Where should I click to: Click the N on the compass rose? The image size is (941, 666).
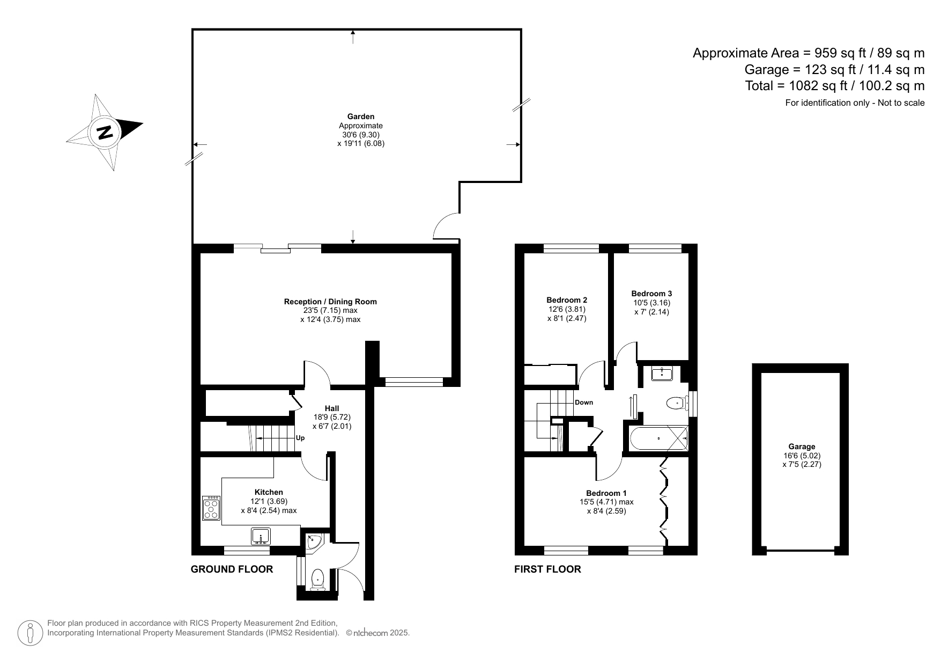tap(105, 132)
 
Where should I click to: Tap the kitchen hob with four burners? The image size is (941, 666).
tap(211, 508)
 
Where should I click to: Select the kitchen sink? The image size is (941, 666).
tap(261, 536)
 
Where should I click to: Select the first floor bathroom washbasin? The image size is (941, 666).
tap(662, 373)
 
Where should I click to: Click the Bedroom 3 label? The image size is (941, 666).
tap(651, 294)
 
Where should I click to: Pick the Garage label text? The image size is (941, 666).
tap(802, 447)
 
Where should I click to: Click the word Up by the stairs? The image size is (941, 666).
tap(300, 438)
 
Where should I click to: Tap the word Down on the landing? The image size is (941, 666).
tap(584, 402)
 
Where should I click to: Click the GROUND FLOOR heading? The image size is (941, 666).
tap(232, 569)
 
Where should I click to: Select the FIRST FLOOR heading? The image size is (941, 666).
tap(547, 569)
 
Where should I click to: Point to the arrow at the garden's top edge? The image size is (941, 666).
tap(353, 35)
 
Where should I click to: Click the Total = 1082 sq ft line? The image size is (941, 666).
tap(834, 86)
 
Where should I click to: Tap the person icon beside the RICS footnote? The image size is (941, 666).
tap(30, 633)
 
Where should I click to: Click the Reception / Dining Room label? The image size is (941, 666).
tap(330, 302)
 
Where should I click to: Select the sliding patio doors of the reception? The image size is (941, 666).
tap(278, 248)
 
